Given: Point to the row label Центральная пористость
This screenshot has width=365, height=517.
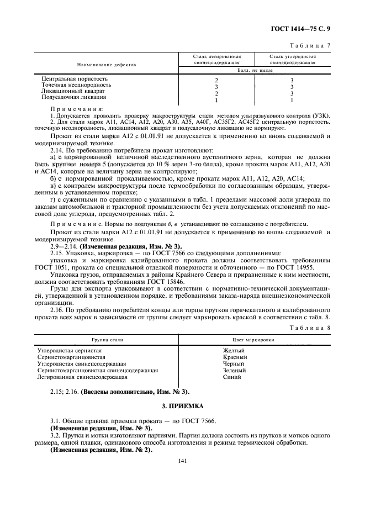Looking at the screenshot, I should (x=75, y=79).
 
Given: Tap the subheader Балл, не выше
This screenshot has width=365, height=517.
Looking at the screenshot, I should (x=255, y=71).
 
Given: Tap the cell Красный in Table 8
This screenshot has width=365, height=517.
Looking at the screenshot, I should (x=234, y=357).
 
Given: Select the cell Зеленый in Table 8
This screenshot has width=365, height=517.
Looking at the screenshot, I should (x=234, y=371).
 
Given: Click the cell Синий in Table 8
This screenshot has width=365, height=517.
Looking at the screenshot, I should (x=232, y=377).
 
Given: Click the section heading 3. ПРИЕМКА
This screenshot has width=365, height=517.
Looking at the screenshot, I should (x=182, y=408).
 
